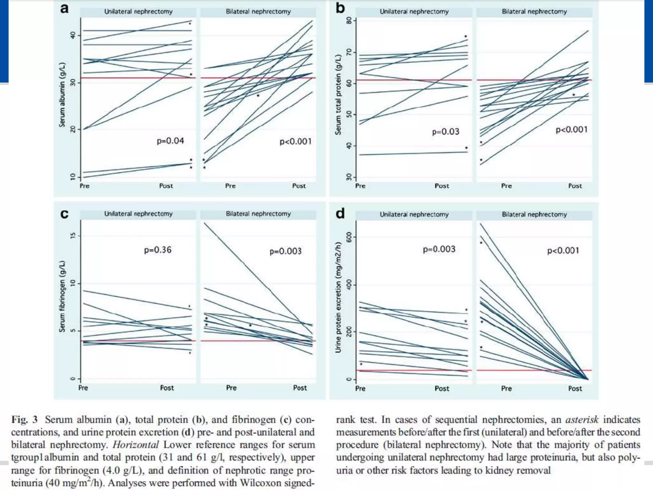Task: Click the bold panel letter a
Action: tap(64, 9)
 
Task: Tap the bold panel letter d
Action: tap(340, 213)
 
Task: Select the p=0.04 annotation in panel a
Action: tap(170, 141)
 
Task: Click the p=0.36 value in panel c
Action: tap(158, 250)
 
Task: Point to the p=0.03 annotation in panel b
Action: tap(445, 132)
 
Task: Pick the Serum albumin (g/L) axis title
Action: tap(62, 95)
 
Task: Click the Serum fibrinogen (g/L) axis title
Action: tap(62, 296)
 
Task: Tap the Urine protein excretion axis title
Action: tap(338, 297)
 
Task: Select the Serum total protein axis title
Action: tap(338, 95)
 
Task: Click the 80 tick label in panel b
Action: tap(349, 21)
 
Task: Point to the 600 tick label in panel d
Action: tap(349, 237)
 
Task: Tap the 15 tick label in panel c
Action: tap(73, 236)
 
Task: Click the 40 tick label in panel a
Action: tap(73, 35)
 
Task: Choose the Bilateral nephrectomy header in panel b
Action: tap(534, 11)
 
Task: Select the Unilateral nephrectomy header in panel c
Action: tap(138, 214)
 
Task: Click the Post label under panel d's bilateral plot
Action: tap(575, 389)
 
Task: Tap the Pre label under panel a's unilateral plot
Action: tap(84, 186)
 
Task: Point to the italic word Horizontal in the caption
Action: tap(136, 445)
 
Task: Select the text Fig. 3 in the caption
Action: tap(25, 419)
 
